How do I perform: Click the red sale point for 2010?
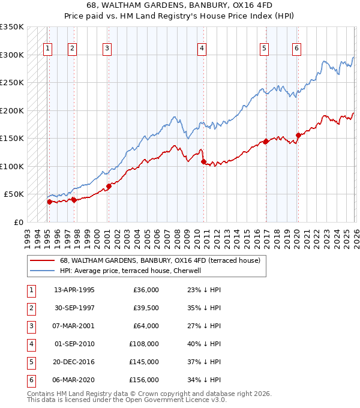pyautogui.click(x=203, y=161)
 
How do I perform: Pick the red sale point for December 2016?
pyautogui.click(x=266, y=142)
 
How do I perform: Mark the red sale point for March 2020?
pyautogui.click(x=298, y=135)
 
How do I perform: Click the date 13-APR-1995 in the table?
pyautogui.click(x=74, y=290)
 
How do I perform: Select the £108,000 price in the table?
pyautogui.click(x=143, y=344)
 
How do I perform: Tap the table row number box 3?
pyautogui.click(x=30, y=326)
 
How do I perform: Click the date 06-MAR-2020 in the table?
pyautogui.click(x=74, y=380)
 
